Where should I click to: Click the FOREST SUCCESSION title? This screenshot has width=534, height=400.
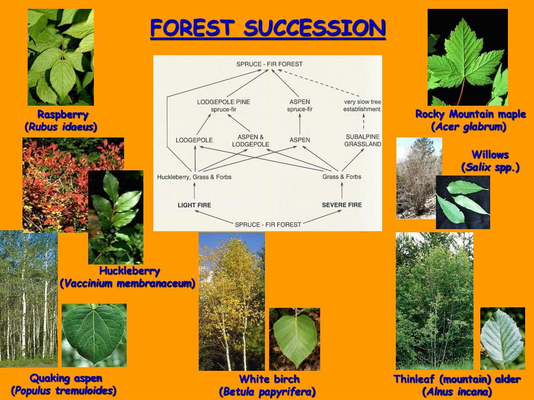(268, 29)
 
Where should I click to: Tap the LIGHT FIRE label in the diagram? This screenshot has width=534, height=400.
(195, 205)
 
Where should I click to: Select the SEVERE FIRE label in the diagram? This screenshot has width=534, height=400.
(342, 205)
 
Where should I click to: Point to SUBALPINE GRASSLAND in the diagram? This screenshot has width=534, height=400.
(362, 140)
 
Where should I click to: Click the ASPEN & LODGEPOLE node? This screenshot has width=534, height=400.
(250, 140)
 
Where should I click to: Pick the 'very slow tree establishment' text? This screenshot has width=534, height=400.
(362, 105)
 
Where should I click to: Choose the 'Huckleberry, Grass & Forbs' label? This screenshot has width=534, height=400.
(194, 177)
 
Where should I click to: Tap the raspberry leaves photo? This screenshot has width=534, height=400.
(60, 57)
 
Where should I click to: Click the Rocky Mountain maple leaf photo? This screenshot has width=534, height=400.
(467, 57)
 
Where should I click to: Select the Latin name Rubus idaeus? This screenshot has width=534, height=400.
(61, 127)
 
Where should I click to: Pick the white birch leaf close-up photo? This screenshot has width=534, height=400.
(294, 339)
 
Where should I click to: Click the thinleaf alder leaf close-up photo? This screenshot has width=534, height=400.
(502, 339)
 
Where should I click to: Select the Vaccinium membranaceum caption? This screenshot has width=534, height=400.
(127, 284)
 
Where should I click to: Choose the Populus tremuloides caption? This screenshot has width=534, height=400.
(64, 391)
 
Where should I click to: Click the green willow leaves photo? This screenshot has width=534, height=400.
(463, 202)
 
